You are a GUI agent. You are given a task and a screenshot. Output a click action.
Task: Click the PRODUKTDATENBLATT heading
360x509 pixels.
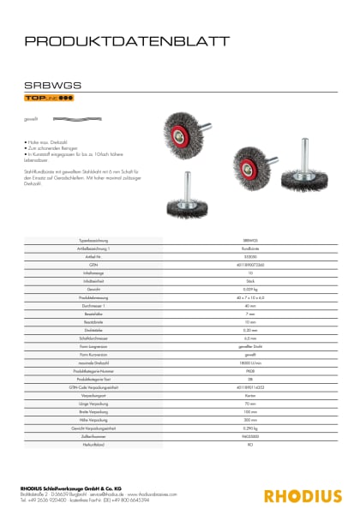126,40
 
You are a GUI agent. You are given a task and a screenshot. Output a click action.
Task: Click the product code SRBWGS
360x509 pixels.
53,85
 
